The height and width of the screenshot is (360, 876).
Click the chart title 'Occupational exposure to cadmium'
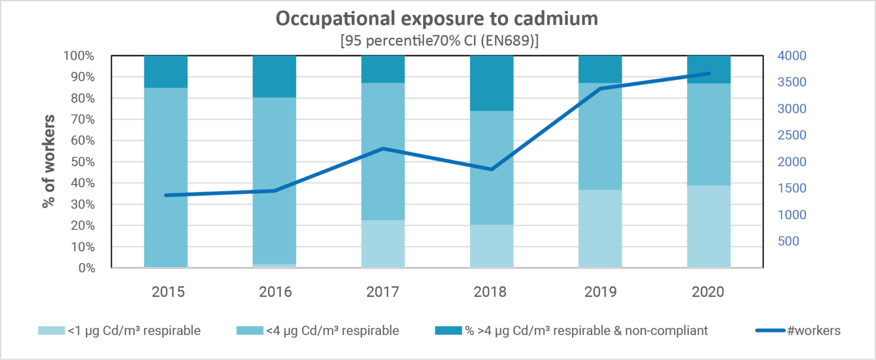tap(437, 18)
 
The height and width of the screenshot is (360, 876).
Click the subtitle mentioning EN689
tap(437, 42)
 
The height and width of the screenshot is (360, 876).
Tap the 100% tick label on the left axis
tap(79, 56)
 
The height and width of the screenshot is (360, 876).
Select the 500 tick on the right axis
tap(787, 241)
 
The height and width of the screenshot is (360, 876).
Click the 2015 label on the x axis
tap(167, 292)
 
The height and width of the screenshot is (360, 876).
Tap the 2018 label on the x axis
tap(491, 292)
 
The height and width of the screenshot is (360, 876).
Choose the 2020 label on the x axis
tap(708, 292)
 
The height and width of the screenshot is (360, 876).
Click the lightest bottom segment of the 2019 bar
tap(600, 228)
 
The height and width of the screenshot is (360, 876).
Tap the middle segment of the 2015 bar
tap(166, 177)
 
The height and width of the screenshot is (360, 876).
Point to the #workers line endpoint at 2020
tap(709, 74)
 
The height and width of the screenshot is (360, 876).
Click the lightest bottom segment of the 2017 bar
tap(383, 244)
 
